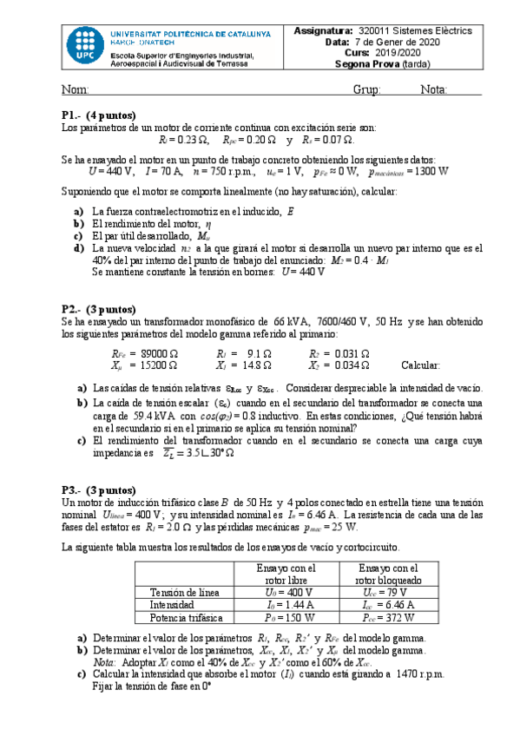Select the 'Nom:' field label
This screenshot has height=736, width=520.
[76, 90]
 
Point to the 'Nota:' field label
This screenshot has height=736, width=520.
[433, 90]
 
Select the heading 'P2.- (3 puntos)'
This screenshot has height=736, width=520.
[98, 308]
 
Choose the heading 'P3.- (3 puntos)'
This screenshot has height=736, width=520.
[98, 490]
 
